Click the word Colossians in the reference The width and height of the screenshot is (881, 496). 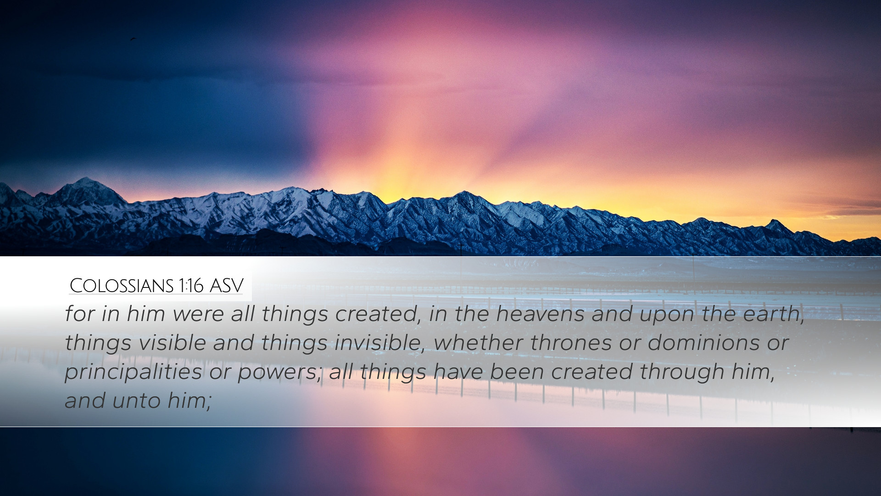(122, 286)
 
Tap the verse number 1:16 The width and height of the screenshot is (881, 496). (191, 286)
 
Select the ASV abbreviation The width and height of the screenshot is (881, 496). (226, 286)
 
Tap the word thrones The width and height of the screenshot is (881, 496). (571, 343)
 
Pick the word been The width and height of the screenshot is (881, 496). (516, 372)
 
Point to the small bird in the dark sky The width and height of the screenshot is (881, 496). (133, 39)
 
